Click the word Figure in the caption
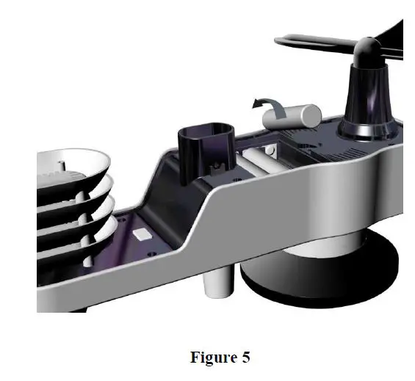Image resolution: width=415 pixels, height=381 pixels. [214, 358]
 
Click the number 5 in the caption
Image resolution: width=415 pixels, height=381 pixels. [246, 358]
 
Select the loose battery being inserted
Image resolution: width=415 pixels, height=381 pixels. [292, 117]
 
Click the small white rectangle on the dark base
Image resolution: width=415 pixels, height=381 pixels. [142, 234]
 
